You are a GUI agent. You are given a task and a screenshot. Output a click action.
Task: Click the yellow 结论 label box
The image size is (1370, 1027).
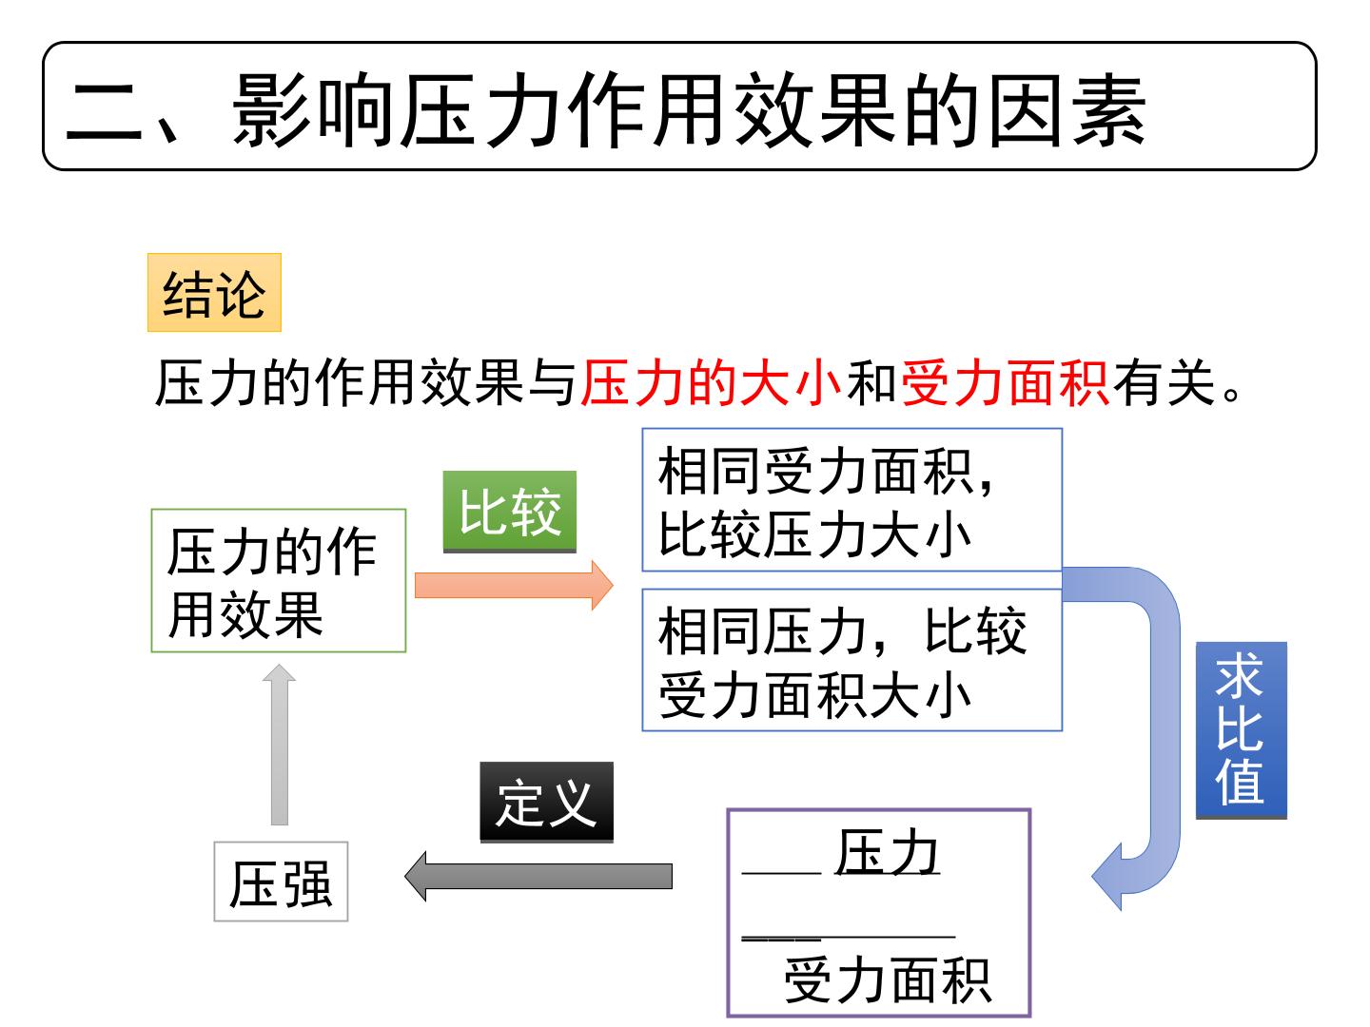click(x=214, y=293)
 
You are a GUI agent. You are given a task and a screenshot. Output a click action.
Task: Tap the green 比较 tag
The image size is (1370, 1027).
click(x=509, y=512)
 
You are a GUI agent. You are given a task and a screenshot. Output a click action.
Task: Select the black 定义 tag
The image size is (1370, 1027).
click(x=546, y=803)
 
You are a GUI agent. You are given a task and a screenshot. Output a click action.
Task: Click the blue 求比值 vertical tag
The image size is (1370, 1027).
click(x=1241, y=730)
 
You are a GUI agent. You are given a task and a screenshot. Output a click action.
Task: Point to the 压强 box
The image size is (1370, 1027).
click(x=281, y=882)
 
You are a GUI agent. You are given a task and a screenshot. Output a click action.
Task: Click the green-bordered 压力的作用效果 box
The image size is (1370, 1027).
click(x=279, y=580)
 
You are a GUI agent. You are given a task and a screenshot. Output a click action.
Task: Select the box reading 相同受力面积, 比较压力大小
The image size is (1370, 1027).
click(x=851, y=499)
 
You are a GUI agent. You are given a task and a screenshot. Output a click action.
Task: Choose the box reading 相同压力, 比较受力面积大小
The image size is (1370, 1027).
click(x=851, y=660)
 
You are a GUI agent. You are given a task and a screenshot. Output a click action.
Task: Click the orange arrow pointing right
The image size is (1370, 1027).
click(x=514, y=585)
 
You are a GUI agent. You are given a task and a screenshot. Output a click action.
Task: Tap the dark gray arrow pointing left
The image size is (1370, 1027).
click(x=538, y=876)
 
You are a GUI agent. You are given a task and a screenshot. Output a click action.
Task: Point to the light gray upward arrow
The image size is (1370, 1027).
click(x=279, y=745)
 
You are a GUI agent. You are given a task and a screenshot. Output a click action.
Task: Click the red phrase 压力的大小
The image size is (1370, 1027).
click(x=711, y=383)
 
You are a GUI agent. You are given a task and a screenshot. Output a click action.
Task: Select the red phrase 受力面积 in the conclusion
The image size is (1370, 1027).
click(x=1006, y=383)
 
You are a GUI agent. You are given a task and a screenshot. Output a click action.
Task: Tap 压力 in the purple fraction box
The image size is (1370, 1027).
click(x=887, y=852)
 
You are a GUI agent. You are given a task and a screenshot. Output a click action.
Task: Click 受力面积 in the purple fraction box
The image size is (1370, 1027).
click(x=888, y=980)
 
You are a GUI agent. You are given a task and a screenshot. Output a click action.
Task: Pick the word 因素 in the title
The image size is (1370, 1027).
click(x=1067, y=111)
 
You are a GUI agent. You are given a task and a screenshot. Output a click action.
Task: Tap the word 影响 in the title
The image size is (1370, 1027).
click(x=312, y=111)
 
